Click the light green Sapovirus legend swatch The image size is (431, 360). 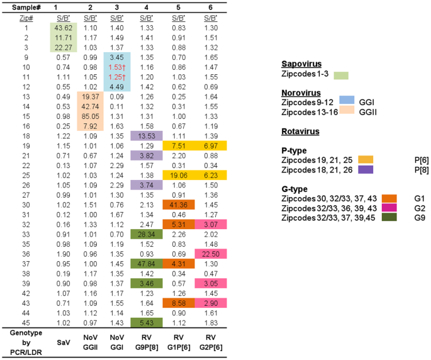[339, 75]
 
